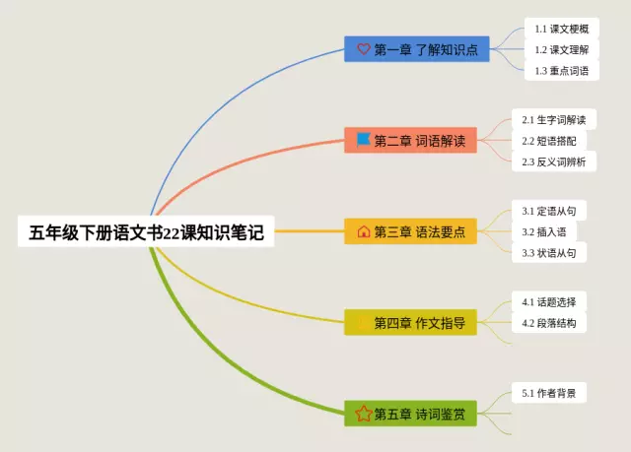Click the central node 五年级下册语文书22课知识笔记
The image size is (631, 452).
[x=146, y=232]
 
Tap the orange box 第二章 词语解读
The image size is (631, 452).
[x=410, y=141]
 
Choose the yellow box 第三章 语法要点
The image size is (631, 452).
[x=410, y=231]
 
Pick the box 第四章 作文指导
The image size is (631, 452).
[x=410, y=322]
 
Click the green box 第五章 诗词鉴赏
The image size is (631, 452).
[x=410, y=414]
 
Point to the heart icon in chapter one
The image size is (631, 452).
[x=363, y=49]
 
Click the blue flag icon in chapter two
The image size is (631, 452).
[x=363, y=141]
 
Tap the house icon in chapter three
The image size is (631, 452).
[x=363, y=231]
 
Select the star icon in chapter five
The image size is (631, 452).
[x=363, y=414]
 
